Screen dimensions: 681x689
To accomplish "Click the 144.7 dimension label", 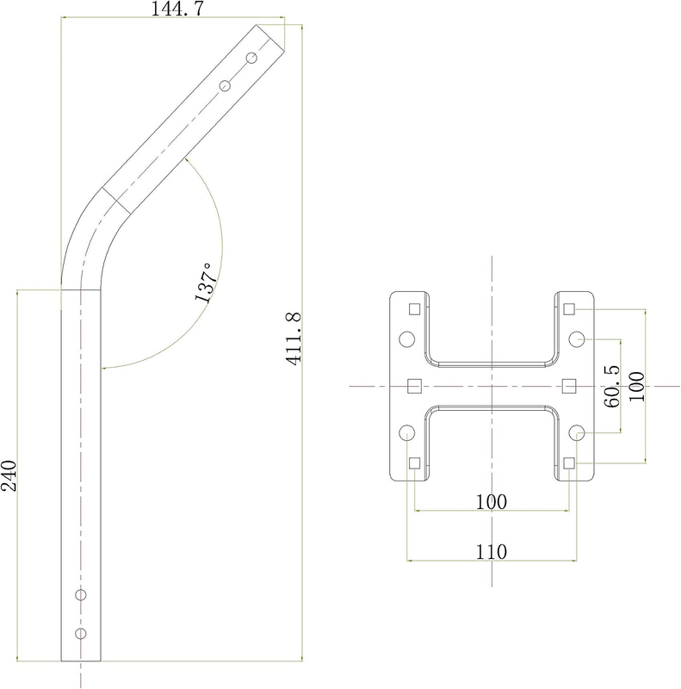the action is click(x=177, y=9).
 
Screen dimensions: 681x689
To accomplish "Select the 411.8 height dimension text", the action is click(x=294, y=338).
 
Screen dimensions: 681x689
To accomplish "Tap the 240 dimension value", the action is click(x=9, y=476).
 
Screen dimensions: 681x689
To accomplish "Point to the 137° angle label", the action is click(x=206, y=283).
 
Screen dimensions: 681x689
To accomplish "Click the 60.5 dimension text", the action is click(x=611, y=387).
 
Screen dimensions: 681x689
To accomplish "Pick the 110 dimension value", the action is click(x=492, y=552).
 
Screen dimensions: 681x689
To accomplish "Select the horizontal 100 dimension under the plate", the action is click(x=492, y=502).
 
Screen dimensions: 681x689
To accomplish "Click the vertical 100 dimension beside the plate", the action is click(x=636, y=387).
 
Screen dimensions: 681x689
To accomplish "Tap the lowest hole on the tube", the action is click(x=80, y=633).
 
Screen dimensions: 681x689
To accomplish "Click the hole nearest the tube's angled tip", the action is click(x=251, y=58).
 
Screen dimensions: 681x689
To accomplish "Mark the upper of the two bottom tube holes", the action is click(x=80, y=595).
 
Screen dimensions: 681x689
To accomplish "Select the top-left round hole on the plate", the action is click(x=407, y=339).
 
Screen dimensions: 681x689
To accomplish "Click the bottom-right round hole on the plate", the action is click(x=577, y=433).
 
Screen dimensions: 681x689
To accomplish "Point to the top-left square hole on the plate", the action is click(x=414, y=309).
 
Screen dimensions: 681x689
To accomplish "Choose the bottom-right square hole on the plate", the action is click(x=569, y=463).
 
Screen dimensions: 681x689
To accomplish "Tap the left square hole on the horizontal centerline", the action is click(x=414, y=386).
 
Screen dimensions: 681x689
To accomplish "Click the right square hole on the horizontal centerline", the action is click(x=569, y=386).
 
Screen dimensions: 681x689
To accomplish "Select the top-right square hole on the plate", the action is click(x=569, y=309).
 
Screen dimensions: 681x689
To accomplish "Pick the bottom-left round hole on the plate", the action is click(x=407, y=433).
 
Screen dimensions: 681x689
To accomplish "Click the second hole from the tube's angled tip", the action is click(x=225, y=85).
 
